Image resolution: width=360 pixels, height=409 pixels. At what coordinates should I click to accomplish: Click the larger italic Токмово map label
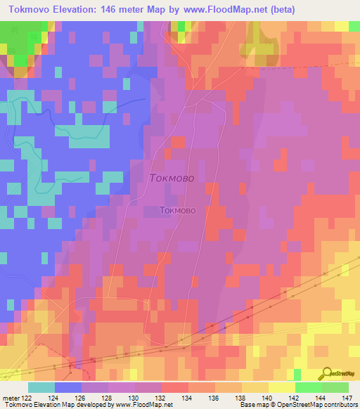click(x=176, y=178)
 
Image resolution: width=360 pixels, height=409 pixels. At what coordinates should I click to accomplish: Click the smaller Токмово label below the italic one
click(x=182, y=209)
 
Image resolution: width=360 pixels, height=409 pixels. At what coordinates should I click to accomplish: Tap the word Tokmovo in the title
click(x=27, y=9)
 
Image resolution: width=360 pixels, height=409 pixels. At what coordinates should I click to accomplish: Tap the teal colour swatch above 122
click(x=41, y=387)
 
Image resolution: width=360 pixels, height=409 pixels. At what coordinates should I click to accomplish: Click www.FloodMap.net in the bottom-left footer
click(x=134, y=405)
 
